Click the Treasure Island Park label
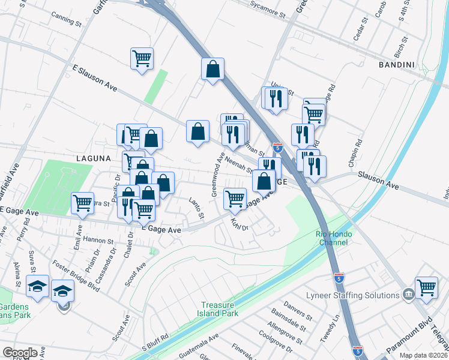click(219, 309)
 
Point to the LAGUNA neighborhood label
click(94, 158)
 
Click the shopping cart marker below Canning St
click(142, 58)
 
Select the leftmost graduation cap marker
click(37, 286)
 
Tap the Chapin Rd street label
click(358, 154)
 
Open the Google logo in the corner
click(20, 353)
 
